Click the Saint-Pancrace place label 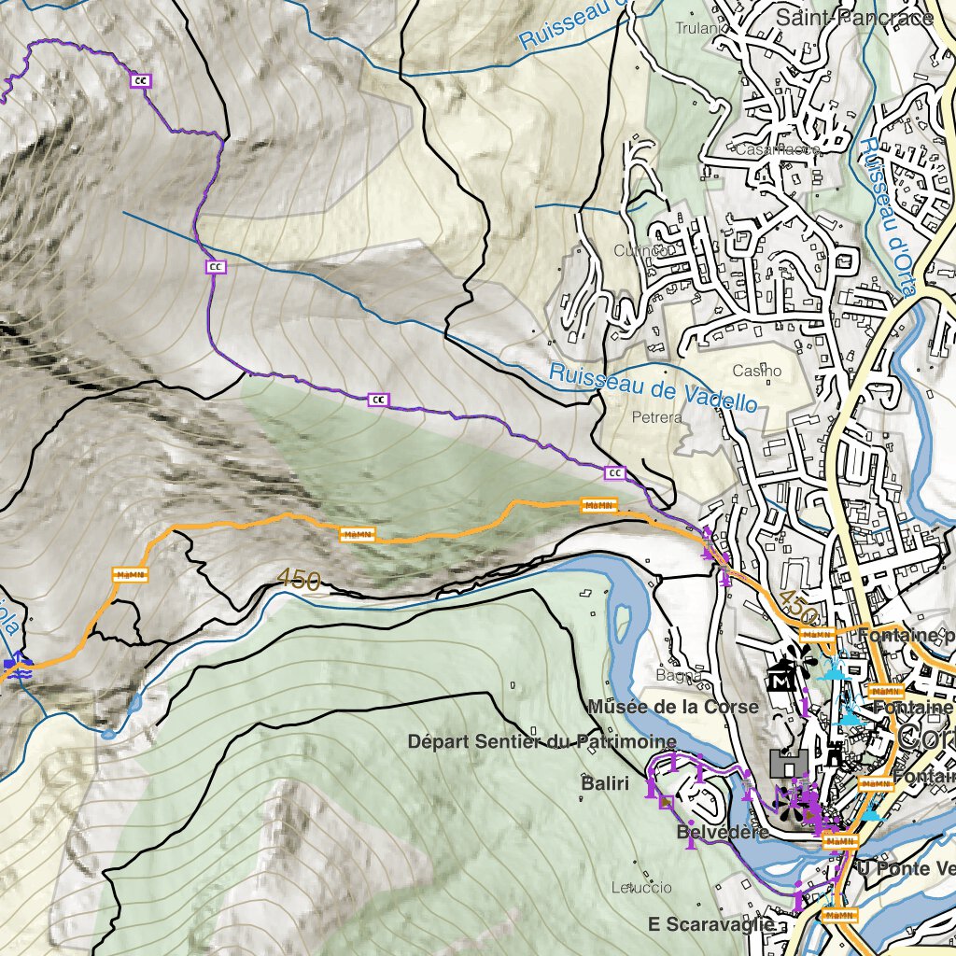pos(854,17)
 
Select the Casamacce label pos(778,149)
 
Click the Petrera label pos(656,417)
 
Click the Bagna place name pos(679,675)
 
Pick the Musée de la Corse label pos(672,707)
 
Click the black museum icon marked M pos(780,679)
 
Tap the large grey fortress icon pos(789,763)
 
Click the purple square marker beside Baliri pos(666,801)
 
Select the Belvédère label pos(724,831)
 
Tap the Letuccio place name pos(635,887)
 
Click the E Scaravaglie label pos(710,923)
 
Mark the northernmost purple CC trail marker pos(141,80)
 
